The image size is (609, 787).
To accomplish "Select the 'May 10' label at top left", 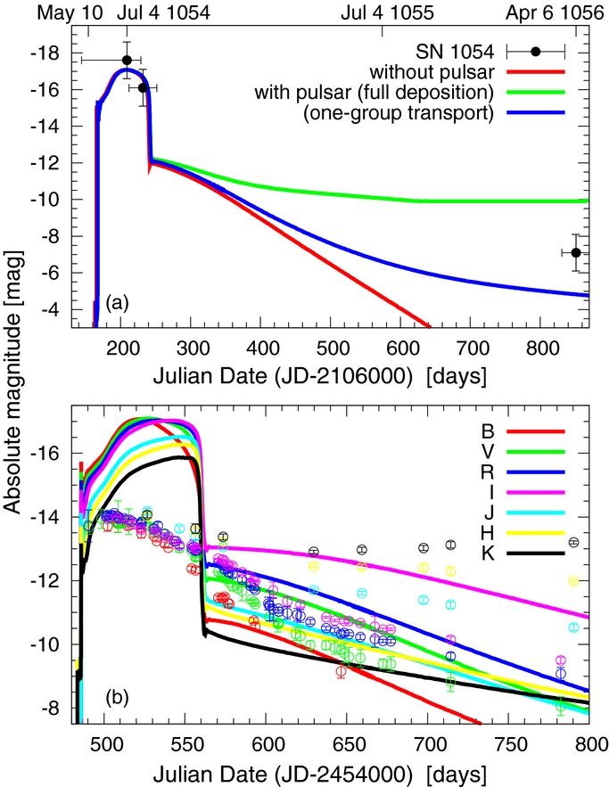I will coord(62,13).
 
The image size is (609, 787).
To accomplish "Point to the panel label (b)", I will coord(117,698).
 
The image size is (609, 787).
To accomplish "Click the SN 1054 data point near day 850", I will coord(576,252).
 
